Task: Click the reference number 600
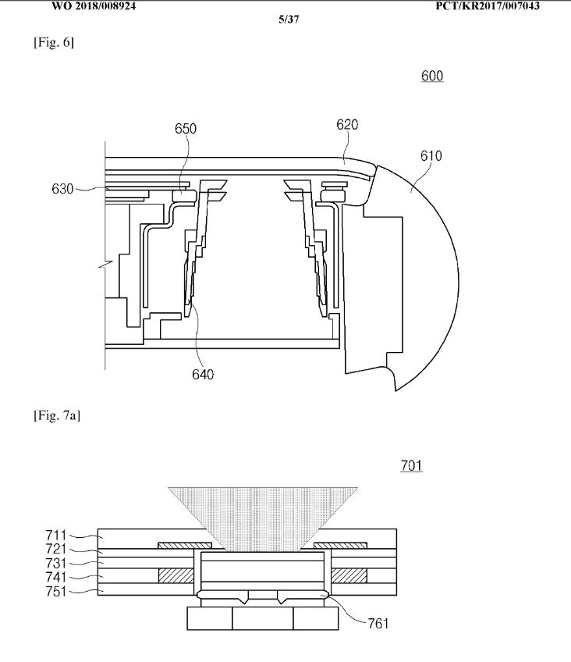pos(432,76)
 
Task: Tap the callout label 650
pos(186,129)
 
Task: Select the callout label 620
pos(347,125)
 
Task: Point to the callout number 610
pos(431,156)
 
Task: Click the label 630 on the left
pos(62,189)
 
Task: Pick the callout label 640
pos(203,375)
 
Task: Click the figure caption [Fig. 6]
pos(54,43)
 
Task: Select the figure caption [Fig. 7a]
pos(57,416)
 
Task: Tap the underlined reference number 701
pos(411,466)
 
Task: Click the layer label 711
pos(56,536)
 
